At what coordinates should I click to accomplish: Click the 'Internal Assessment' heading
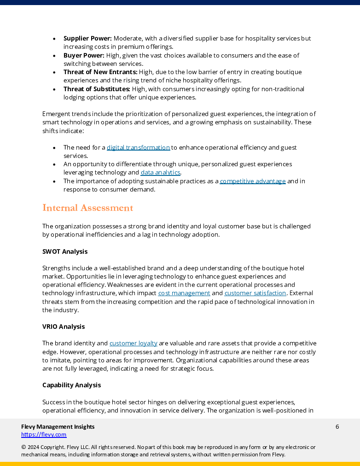[x=87, y=208]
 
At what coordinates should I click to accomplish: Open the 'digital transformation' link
[x=138, y=148]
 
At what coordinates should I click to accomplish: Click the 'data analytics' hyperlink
[x=160, y=173]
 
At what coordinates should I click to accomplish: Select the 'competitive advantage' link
[x=253, y=181]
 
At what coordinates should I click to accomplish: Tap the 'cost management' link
[x=184, y=293]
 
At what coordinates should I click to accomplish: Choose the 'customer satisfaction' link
[x=255, y=293]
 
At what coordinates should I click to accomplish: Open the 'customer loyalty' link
[x=134, y=344]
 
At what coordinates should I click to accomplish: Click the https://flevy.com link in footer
[x=44, y=435]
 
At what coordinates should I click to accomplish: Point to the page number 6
[x=337, y=427]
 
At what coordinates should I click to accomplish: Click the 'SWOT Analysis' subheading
[x=65, y=252]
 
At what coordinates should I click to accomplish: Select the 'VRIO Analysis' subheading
[x=64, y=327]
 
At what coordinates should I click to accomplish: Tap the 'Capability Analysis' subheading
[x=71, y=385]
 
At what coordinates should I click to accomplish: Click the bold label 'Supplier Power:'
[x=87, y=39]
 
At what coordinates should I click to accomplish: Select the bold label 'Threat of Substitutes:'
[x=97, y=89]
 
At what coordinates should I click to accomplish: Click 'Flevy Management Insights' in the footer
[x=58, y=427]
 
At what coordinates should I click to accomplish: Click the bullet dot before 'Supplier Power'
[x=54, y=39]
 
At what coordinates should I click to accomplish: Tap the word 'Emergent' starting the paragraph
[x=56, y=114]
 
